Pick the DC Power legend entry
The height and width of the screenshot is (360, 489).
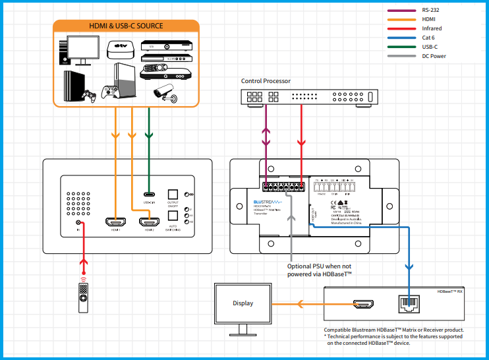pos(434,56)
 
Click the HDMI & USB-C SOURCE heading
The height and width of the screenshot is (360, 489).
pos(126,26)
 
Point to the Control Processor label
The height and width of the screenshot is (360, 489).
pos(266,81)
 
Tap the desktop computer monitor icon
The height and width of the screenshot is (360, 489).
pos(78,49)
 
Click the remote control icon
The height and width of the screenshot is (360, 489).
pos(83,294)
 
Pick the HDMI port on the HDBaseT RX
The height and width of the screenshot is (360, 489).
pos(364,304)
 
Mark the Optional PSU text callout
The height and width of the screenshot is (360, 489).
pos(320,270)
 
